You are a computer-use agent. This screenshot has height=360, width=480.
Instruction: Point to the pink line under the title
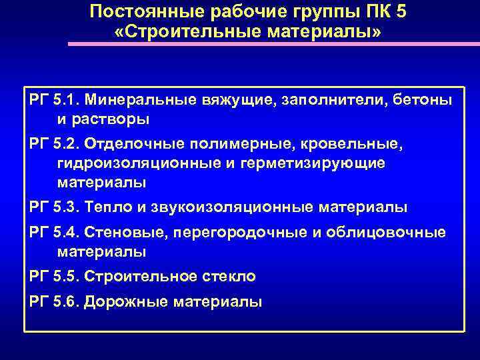coord(273,44)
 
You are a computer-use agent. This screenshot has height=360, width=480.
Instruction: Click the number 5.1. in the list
coord(67,100)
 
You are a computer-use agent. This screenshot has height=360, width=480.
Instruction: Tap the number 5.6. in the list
coord(67,301)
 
